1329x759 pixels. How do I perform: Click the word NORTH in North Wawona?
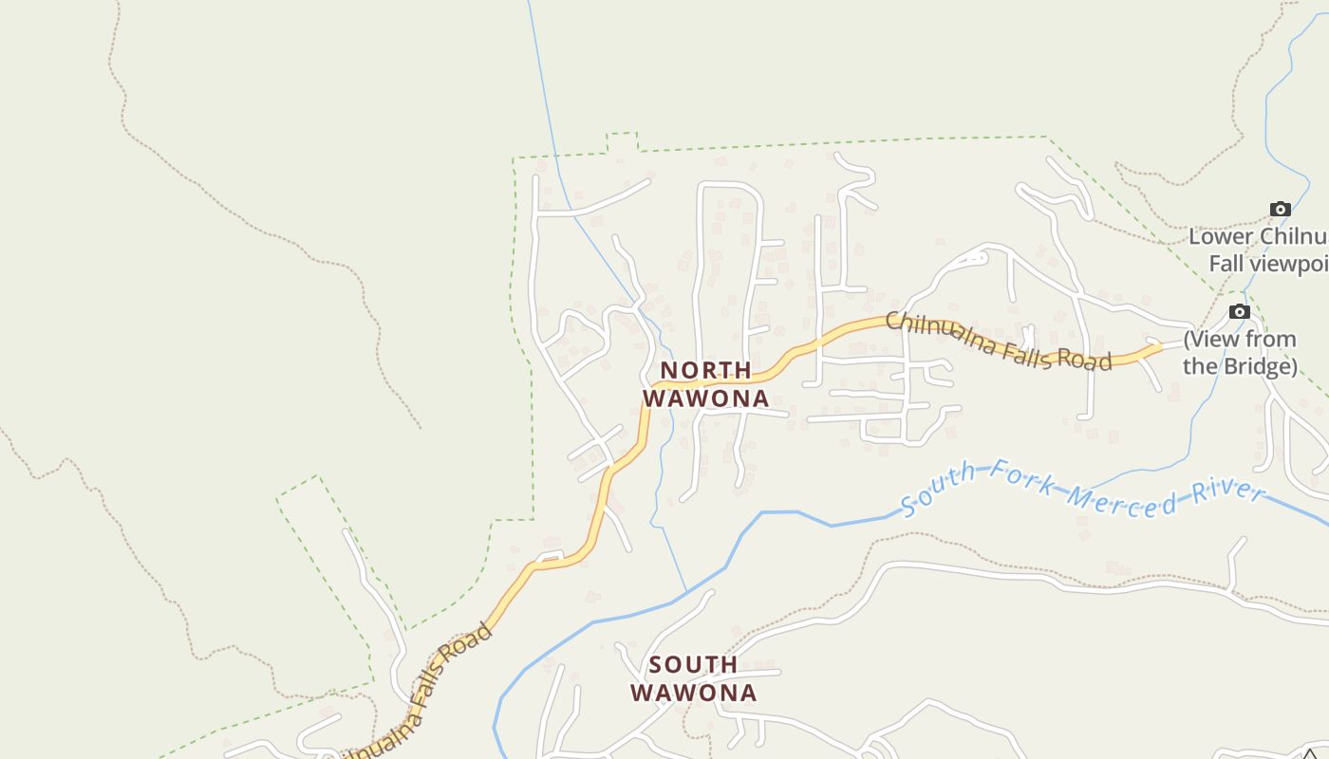click(x=705, y=370)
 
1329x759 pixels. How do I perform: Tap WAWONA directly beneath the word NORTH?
click(x=705, y=398)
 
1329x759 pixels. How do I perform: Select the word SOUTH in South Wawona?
click(x=693, y=664)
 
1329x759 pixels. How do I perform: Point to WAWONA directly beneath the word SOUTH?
click(x=693, y=693)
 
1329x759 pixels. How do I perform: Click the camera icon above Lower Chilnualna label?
click(x=1280, y=210)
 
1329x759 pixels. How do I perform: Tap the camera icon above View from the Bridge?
click(x=1239, y=312)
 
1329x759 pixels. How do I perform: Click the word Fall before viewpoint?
click(x=1228, y=263)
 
